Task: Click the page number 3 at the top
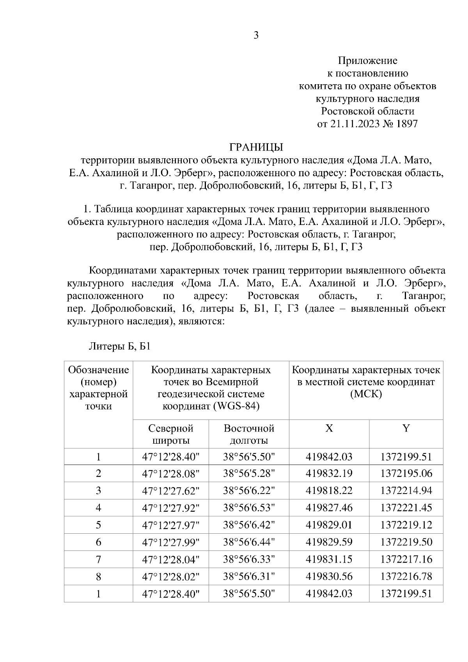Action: coord(256,36)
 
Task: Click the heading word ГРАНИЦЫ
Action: coord(256,147)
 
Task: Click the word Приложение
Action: coord(367,60)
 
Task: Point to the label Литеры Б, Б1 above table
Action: coord(120,346)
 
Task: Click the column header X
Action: coord(329,428)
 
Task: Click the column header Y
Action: coord(406,428)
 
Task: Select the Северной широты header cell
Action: coord(171,434)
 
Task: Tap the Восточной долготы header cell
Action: coord(249,434)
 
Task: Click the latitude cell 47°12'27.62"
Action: coord(171,490)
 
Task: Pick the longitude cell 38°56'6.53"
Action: coord(249,508)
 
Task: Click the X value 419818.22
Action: coord(329,490)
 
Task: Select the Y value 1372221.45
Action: coord(406,508)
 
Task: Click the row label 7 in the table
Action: coord(98,559)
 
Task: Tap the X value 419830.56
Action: coord(329,576)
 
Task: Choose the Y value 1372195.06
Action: coord(406,473)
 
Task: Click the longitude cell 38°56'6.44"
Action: coord(249,542)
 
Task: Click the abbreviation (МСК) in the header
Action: coord(366,394)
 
